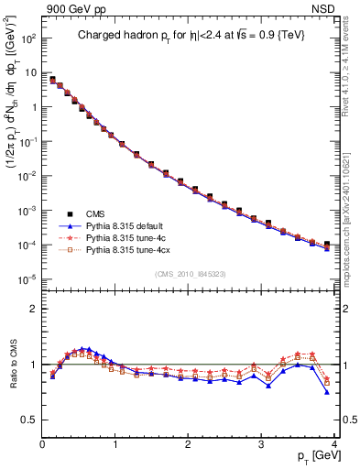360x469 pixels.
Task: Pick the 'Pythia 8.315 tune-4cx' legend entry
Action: pyautogui.click(x=129, y=248)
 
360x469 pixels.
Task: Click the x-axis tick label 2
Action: pyautogui.click(x=188, y=444)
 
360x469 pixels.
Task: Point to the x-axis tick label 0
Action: pyautogui.click(x=42, y=444)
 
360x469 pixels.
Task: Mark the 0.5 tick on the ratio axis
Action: pyautogui.click(x=29, y=420)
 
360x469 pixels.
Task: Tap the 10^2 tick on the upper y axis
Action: pyautogui.click(x=28, y=38)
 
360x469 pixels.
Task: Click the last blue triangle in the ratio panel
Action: pyautogui.click(x=327, y=392)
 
